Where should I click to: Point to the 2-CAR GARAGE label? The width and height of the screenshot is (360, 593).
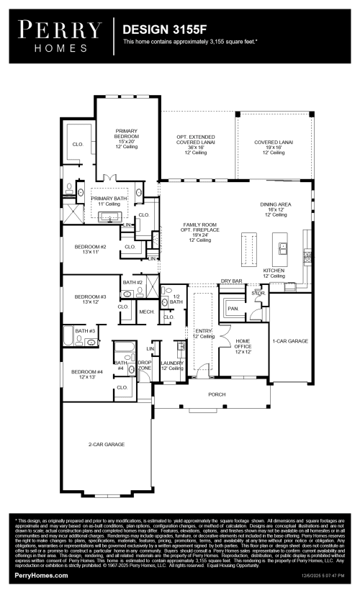(x=106, y=445)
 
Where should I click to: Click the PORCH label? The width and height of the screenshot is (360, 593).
(x=217, y=394)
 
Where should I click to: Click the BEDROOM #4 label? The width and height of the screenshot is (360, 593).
(x=86, y=374)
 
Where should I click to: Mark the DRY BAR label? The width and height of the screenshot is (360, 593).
(x=230, y=281)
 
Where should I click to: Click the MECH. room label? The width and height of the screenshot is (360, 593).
(x=147, y=312)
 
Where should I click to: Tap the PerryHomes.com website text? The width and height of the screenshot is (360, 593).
(x=42, y=576)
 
